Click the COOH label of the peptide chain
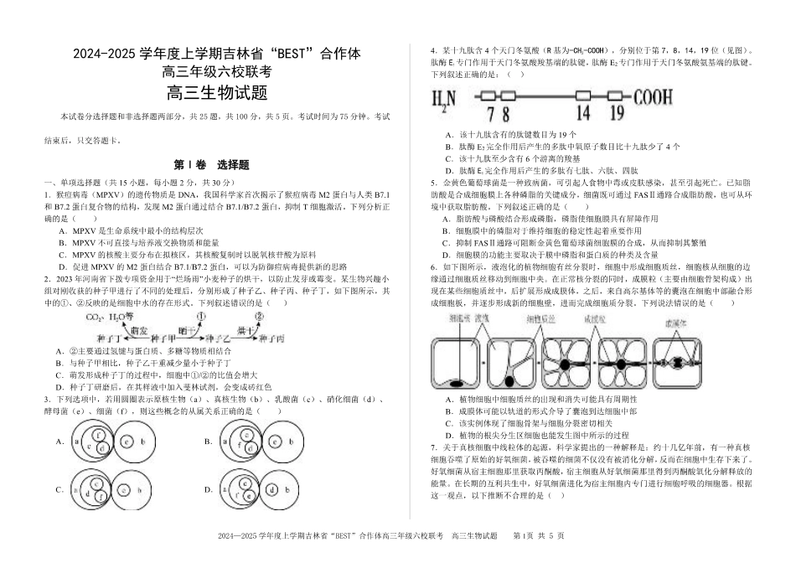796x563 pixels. click(x=662, y=97)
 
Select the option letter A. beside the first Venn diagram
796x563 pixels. click(x=60, y=441)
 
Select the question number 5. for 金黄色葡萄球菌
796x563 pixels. click(x=433, y=182)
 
